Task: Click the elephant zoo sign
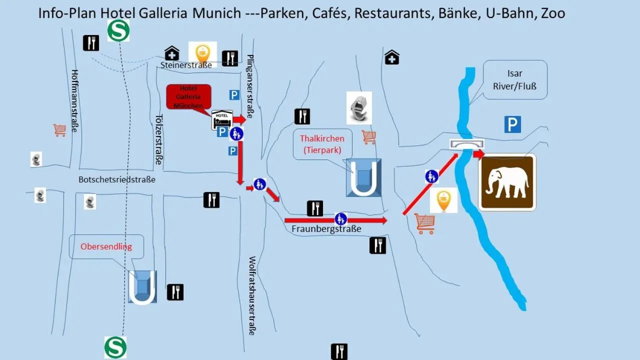(507, 182)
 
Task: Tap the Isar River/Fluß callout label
(514, 79)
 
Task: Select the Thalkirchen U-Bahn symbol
(363, 177)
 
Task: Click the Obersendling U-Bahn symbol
(142, 287)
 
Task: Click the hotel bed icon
(222, 120)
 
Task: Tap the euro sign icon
(359, 107)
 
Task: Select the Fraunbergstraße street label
(326, 229)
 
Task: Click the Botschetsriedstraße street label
(117, 179)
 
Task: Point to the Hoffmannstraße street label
(75, 100)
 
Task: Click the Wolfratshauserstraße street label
(252, 295)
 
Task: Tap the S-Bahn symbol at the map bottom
(115, 347)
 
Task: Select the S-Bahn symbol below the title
(118, 30)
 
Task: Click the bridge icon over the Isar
(466, 144)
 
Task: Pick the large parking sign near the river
(512, 124)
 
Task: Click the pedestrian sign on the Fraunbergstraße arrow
(340, 218)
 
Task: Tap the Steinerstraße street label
(186, 65)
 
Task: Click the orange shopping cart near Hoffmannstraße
(59, 130)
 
